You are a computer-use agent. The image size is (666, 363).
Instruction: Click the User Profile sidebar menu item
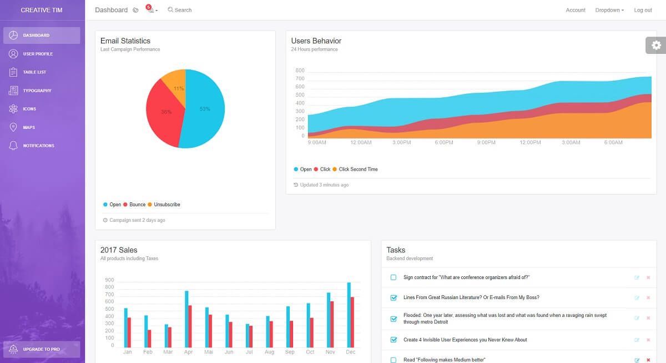[38, 54]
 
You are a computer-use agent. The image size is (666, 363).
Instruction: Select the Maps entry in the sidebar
[29, 127]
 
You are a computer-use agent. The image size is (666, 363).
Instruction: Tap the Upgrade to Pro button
[41, 349]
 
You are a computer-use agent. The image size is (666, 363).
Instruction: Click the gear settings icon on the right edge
[657, 46]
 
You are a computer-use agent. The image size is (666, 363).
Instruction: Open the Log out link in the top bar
[643, 10]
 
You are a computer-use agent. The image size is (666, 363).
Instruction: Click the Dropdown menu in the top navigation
[609, 10]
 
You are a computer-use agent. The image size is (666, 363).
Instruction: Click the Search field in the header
[183, 10]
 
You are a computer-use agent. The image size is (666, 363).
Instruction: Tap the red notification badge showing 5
[149, 7]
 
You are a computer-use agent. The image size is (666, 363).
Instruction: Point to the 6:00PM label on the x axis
[444, 143]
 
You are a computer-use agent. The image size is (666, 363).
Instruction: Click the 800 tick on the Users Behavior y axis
[300, 71]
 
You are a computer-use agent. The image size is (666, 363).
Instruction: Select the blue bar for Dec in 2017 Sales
[349, 315]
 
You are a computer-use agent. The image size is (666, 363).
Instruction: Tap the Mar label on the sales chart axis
[168, 352]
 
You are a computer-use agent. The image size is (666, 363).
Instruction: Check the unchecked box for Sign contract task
[393, 277]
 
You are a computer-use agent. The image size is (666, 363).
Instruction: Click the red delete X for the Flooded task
[648, 319]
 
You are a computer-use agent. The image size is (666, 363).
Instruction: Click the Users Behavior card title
[316, 41]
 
